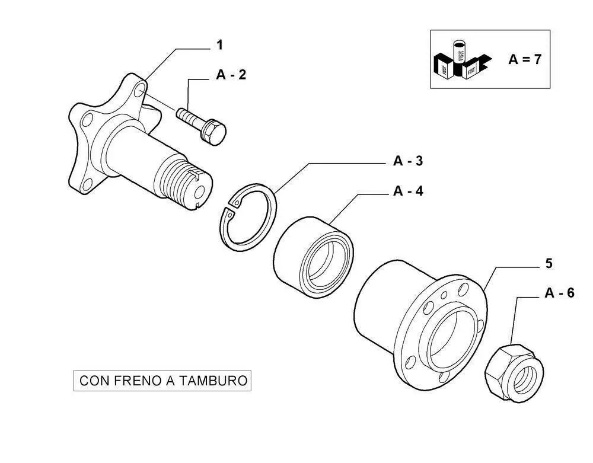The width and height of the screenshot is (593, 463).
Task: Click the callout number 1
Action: click(x=219, y=44)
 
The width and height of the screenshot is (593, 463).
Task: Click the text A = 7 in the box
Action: click(x=524, y=59)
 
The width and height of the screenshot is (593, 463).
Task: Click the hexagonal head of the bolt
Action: click(x=214, y=132)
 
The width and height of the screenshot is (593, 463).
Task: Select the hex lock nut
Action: click(x=514, y=372)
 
